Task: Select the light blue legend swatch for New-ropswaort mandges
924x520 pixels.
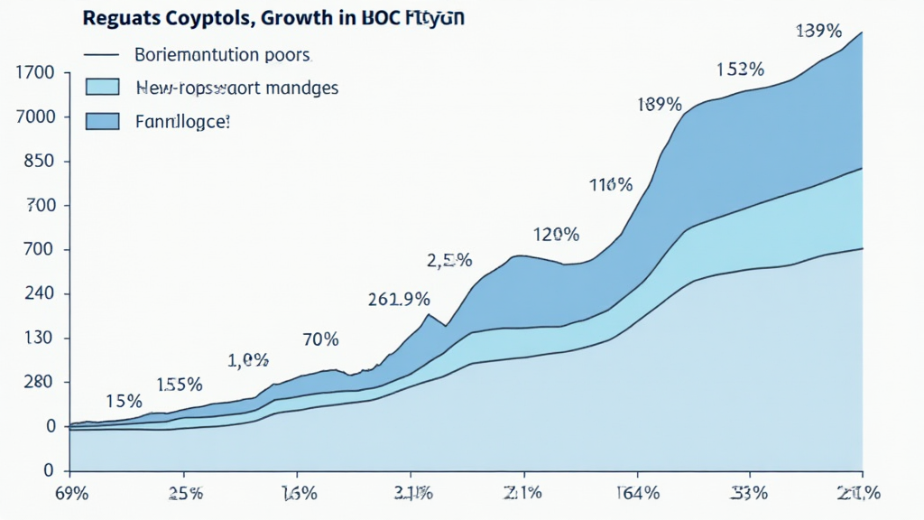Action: click(102, 88)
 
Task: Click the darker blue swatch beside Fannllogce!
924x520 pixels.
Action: click(102, 120)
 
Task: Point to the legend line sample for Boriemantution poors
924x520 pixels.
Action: click(102, 55)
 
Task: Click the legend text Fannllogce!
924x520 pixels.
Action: click(182, 120)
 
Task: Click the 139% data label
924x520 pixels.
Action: click(818, 32)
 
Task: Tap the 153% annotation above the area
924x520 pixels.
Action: click(740, 69)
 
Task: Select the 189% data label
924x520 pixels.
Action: click(659, 104)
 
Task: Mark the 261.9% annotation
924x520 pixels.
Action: click(399, 299)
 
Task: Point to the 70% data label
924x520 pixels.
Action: click(320, 339)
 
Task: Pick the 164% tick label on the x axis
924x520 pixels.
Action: click(638, 494)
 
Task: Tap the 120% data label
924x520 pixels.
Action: click(556, 235)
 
